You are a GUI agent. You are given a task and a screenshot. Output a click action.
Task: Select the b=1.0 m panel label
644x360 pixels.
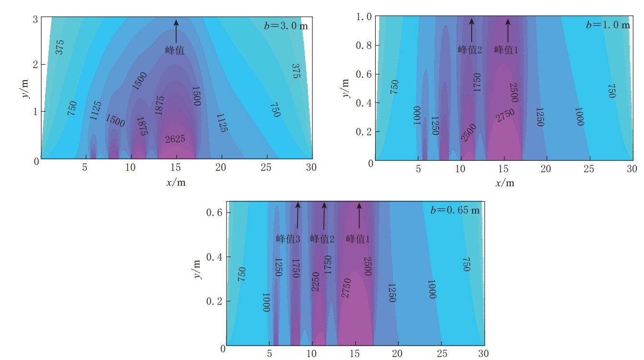[x=608, y=25]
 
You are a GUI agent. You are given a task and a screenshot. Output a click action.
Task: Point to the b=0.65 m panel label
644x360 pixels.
[x=454, y=210]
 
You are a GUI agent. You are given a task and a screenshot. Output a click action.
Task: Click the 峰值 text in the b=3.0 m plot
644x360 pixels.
[x=175, y=50]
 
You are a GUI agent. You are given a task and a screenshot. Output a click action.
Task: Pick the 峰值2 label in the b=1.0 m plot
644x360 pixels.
[x=469, y=50]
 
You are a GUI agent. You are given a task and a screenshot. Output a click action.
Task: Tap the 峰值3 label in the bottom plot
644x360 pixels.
[x=288, y=239]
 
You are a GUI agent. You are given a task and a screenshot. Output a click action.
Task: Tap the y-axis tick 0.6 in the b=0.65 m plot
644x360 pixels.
[x=213, y=213]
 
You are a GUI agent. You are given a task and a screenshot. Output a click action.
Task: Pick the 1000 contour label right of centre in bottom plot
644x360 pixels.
[x=432, y=289]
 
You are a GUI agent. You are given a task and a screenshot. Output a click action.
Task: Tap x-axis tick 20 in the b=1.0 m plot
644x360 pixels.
[x=546, y=169]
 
